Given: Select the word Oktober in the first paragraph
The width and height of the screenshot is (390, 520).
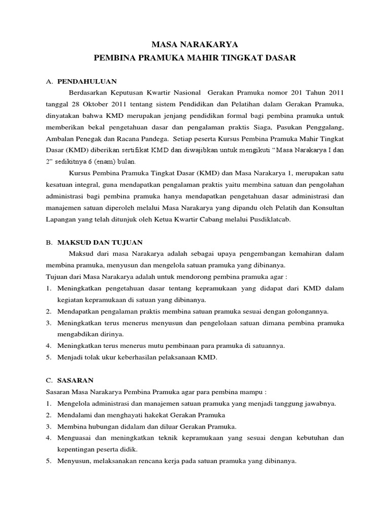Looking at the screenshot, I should click(x=93, y=104).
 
